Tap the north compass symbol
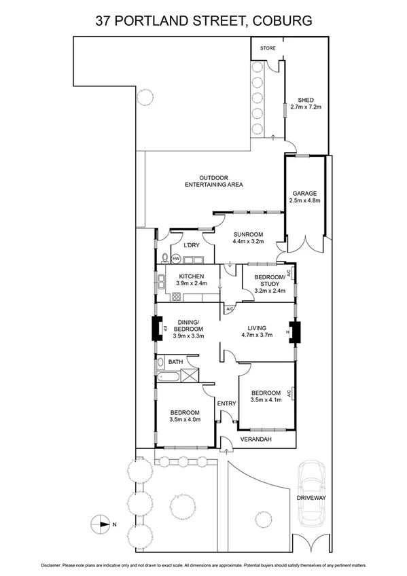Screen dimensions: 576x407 coord(101,524)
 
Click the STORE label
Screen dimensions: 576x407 coord(268,48)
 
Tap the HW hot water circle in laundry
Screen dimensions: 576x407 coord(175,259)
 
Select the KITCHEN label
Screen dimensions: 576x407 coord(190,275)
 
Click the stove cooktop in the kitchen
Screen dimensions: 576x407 coord(176,296)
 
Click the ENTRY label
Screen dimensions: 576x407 coord(226,404)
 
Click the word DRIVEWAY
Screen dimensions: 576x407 coord(311,498)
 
